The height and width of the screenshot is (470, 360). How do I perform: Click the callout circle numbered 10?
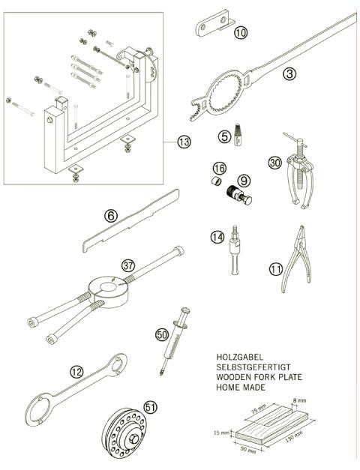click(x=239, y=32)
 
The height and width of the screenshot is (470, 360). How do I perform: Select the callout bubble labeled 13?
click(x=184, y=141)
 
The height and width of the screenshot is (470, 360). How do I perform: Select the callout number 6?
click(x=111, y=216)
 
